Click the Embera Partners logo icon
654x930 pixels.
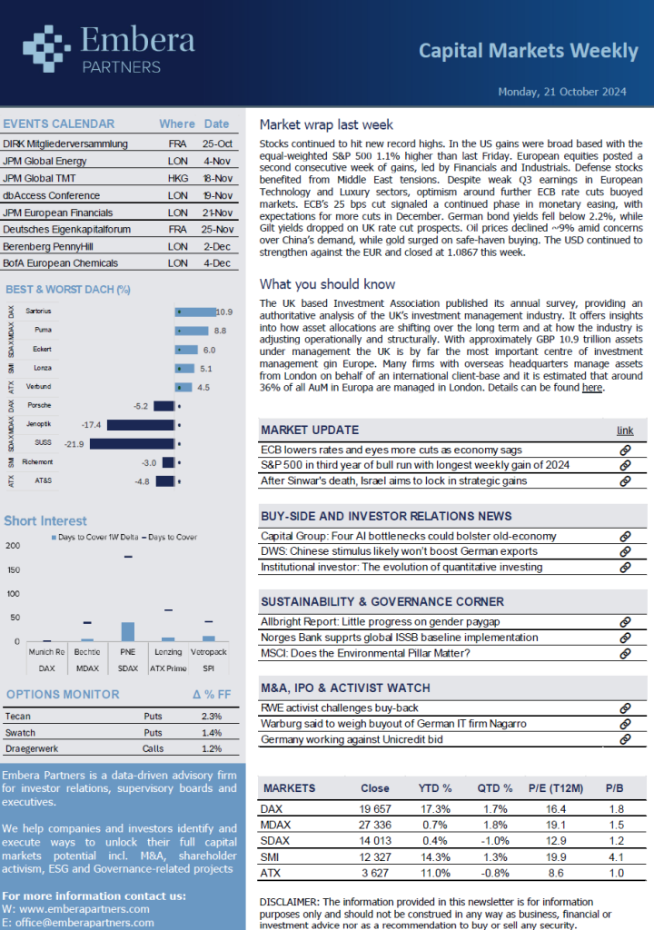[x=46, y=49]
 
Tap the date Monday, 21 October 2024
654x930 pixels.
[x=562, y=92]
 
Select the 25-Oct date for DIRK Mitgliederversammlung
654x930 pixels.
[x=217, y=143]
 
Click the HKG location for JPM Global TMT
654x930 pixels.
[x=178, y=178]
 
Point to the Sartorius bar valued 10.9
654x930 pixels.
[x=195, y=312]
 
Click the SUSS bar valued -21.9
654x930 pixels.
[x=132, y=443]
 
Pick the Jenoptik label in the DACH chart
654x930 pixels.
[x=39, y=424]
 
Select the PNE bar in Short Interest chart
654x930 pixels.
[x=127, y=632]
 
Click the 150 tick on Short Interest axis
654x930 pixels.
[x=13, y=570]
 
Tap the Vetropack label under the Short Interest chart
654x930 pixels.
[x=208, y=652]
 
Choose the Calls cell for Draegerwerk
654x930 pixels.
[x=153, y=748]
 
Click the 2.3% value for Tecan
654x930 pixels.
[x=212, y=717]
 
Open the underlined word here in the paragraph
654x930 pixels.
[x=591, y=388]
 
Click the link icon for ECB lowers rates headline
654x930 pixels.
[x=625, y=450]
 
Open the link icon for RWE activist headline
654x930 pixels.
[x=625, y=708]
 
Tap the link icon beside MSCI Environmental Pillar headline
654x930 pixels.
[x=625, y=654]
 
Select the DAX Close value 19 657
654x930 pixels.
[x=375, y=809]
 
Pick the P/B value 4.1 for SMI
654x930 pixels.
[x=616, y=857]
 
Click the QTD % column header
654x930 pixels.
[x=495, y=788]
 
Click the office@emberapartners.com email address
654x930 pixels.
[x=84, y=923]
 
